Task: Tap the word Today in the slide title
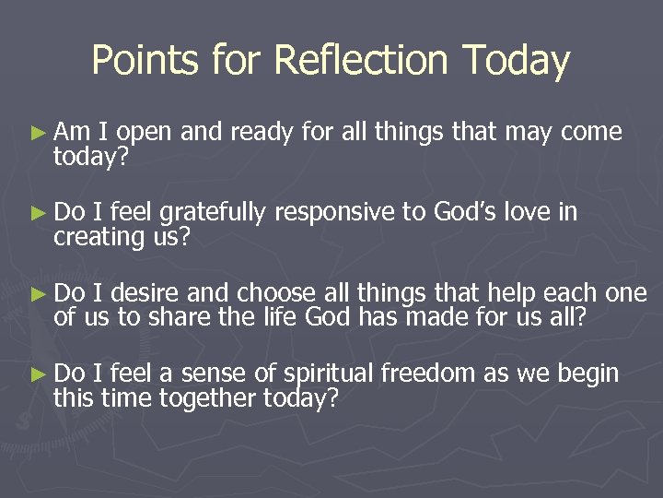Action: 518,61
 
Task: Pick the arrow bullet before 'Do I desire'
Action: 38,294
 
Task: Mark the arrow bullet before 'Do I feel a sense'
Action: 38,374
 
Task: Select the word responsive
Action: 332,214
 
